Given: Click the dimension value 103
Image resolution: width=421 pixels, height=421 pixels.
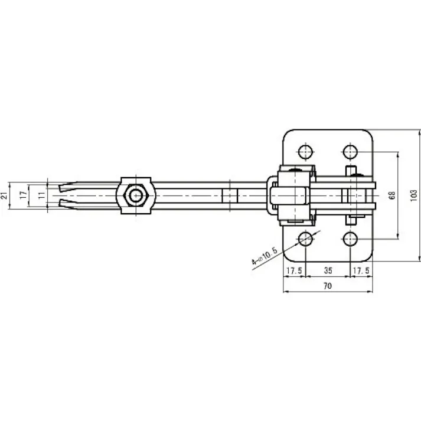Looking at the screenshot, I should [413, 194].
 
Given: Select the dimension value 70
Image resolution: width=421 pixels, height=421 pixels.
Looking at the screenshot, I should [328, 285].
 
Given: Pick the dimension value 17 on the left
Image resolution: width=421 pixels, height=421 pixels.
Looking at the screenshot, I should [23, 194].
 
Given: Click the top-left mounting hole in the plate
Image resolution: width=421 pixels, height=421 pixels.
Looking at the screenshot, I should [305, 152].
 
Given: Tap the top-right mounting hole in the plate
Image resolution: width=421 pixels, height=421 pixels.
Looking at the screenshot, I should [351, 152].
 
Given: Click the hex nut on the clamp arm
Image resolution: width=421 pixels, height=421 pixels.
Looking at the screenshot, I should [136, 195].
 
